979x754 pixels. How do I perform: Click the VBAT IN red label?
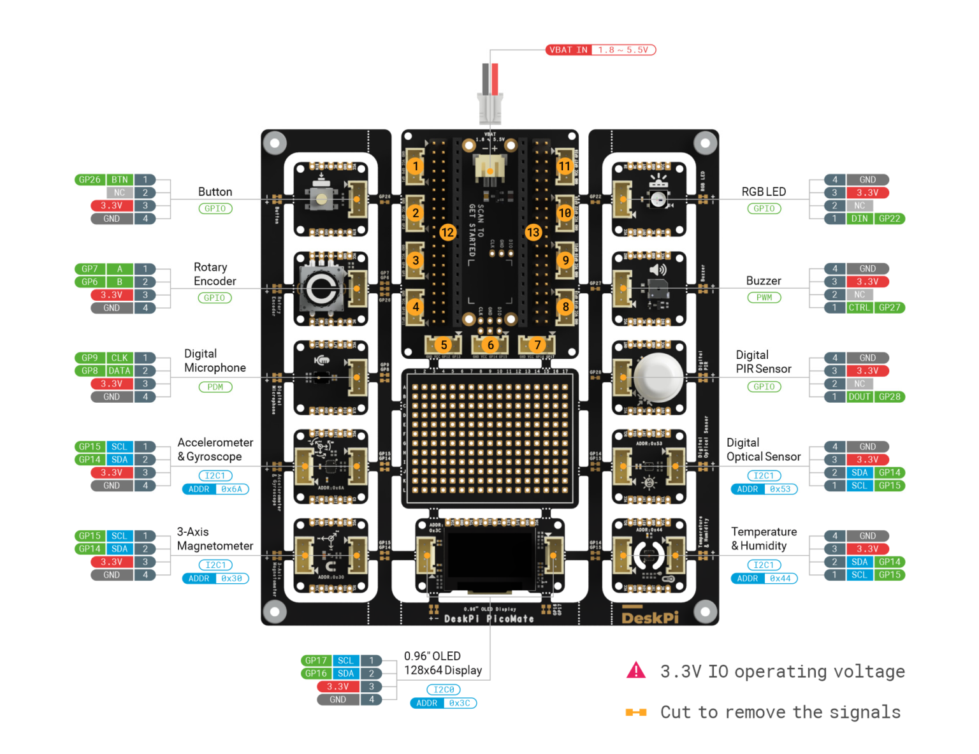[568, 50]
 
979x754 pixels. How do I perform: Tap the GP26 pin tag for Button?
[90, 180]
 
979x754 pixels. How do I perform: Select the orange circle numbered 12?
[447, 232]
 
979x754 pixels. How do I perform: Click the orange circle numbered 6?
[490, 345]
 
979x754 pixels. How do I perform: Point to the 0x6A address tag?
[231, 489]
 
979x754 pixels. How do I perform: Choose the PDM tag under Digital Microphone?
[215, 387]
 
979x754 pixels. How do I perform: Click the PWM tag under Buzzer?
[764, 298]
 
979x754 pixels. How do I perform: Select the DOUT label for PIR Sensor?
[859, 396]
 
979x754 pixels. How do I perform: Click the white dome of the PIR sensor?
[658, 377]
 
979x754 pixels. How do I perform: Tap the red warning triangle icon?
[636, 671]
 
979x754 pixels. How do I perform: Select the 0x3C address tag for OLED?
[460, 703]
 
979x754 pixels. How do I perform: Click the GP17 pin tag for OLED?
[315, 661]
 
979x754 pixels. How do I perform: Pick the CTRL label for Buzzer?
[859, 307]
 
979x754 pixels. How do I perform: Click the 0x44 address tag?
[780, 579]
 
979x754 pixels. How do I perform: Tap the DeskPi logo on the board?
[649, 618]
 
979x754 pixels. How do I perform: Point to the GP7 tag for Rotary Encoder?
[90, 269]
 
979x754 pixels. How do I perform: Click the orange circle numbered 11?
[565, 166]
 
